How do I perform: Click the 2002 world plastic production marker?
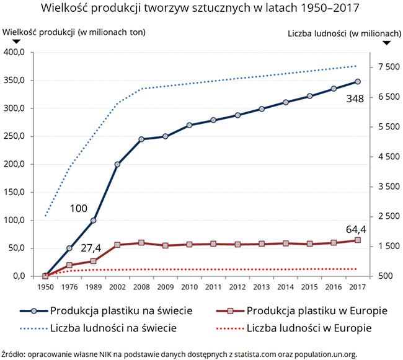pyautogui.click(x=117, y=164)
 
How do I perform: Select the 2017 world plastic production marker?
pyautogui.click(x=358, y=82)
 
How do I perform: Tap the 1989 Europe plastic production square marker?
pyautogui.click(x=93, y=261)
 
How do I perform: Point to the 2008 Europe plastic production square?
pyautogui.click(x=141, y=243)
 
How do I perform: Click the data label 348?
pyautogui.click(x=355, y=99)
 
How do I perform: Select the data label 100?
pyautogui.click(x=78, y=208)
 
